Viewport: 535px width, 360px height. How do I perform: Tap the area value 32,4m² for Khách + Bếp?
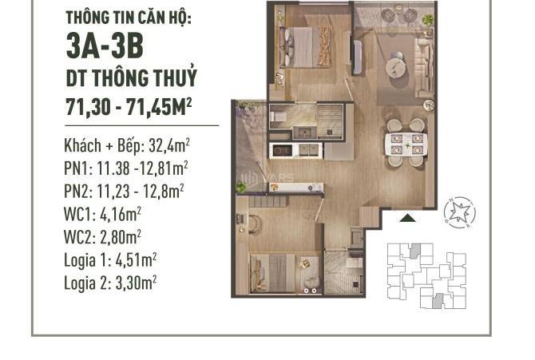point(169,146)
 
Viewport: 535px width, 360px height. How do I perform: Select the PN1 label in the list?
point(77,168)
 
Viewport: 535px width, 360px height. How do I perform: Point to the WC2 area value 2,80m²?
point(121,237)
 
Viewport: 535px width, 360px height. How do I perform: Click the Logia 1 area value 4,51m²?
point(136,260)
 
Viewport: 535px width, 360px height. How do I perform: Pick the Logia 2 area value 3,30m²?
point(136,283)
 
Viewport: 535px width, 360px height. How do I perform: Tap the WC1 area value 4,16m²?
point(121,214)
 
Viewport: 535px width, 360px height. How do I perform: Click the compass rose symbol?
point(460,212)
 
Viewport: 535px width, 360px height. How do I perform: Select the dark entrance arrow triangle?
point(408,218)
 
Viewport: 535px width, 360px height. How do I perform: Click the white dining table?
point(406,144)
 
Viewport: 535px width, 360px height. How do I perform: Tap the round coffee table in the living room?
point(396,69)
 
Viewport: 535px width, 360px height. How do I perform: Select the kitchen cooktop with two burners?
point(283,150)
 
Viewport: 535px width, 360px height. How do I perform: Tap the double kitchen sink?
point(309,150)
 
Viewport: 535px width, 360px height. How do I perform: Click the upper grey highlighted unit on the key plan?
point(414,251)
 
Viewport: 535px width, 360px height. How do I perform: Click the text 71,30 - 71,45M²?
point(129,107)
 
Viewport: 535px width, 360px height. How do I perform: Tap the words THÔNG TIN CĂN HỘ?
point(129,18)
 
